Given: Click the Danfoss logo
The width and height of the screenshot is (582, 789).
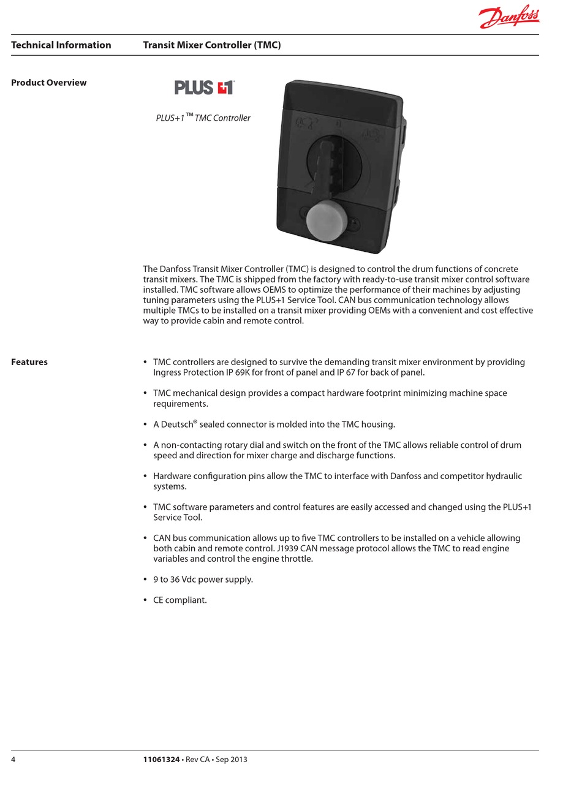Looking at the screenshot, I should coord(508,17).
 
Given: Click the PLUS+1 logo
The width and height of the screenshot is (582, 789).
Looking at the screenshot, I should coord(204,88).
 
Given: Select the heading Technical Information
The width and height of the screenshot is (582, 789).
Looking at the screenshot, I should coord(61,45).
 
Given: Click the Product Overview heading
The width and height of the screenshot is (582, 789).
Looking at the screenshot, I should coord(49,83).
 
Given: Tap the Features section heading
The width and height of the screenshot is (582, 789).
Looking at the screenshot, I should coord(29,362).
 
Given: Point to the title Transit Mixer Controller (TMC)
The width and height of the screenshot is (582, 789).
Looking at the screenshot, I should coord(212,45).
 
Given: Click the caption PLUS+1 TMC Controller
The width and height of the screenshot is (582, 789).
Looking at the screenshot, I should coord(203,118).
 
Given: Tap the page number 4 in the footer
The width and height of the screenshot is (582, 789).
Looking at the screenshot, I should coord(13,760).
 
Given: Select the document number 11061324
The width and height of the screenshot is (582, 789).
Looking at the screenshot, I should coord(161,760).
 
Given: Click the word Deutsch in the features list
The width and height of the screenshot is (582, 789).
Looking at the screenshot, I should coord(176,425).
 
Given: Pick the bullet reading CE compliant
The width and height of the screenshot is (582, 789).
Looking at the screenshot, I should coord(180,600).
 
